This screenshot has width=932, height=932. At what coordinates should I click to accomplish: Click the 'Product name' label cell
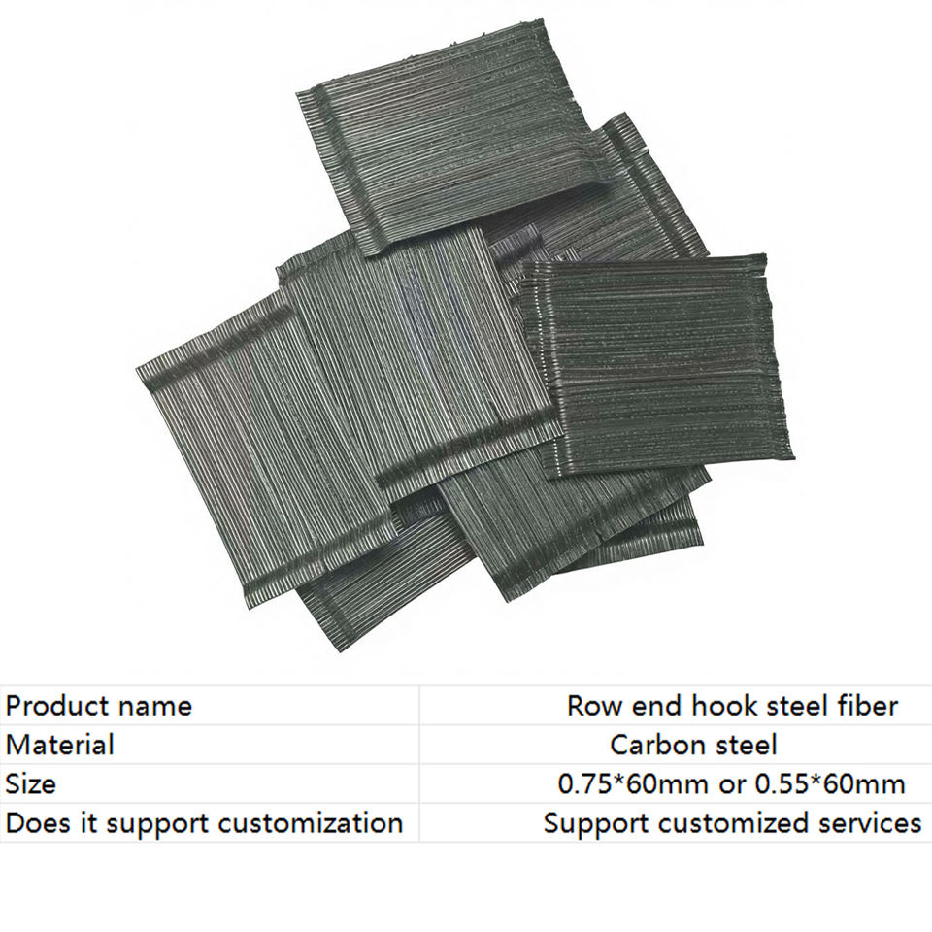[99, 705]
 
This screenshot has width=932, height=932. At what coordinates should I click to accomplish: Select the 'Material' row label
[60, 745]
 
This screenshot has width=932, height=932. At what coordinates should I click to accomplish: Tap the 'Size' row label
[31, 783]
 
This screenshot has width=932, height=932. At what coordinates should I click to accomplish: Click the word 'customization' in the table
[310, 823]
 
